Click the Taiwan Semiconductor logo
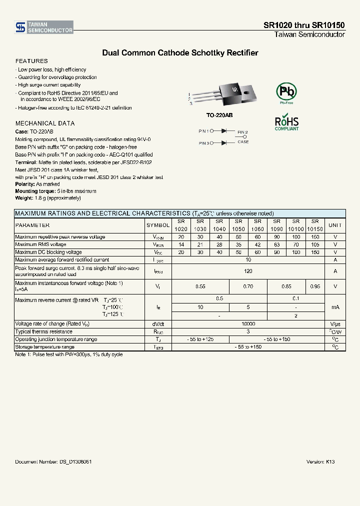point(44,27)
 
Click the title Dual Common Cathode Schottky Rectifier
point(180,52)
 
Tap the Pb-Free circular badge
point(286,92)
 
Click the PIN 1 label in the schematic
point(203,131)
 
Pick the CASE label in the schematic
point(243,142)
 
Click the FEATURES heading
point(31,61)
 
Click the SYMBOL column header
point(158,225)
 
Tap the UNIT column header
point(335,225)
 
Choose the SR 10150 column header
point(315,225)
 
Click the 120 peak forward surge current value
point(247,271)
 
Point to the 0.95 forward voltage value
point(315,286)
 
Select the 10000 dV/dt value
point(247,324)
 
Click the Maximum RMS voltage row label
point(41,244)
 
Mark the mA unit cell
point(335,307)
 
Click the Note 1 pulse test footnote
point(69,354)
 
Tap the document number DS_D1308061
point(53,462)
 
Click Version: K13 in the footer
point(320,462)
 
